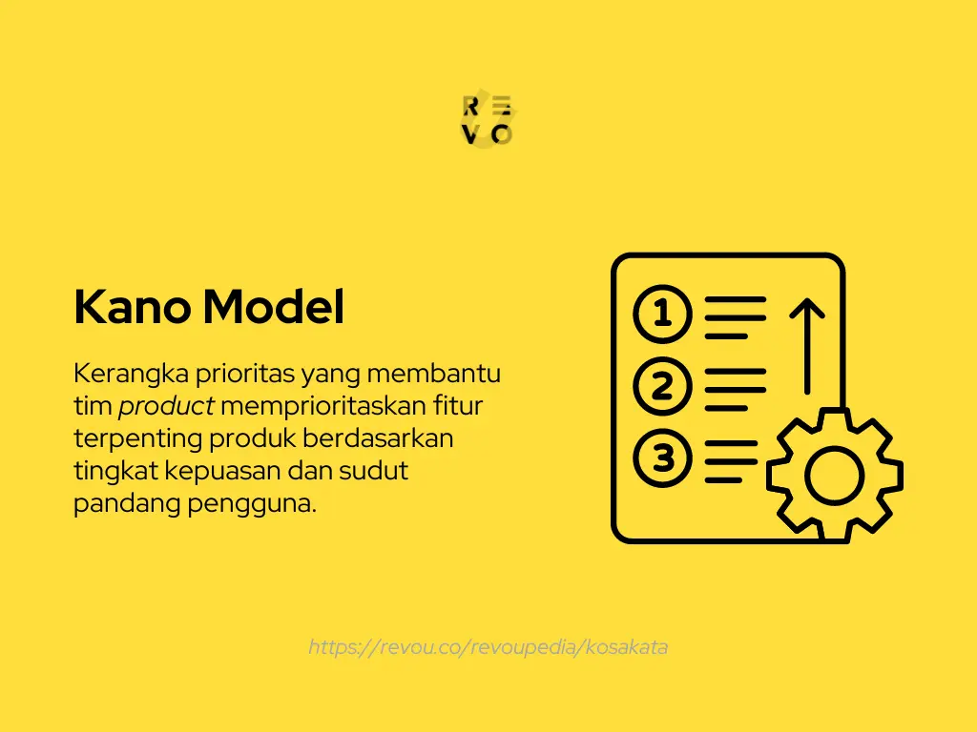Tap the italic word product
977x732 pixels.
pyautogui.click(x=166, y=407)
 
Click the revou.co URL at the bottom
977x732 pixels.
pyautogui.click(x=488, y=647)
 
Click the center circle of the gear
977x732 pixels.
pyautogui.click(x=834, y=475)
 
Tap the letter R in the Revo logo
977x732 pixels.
pyautogui.click(x=470, y=106)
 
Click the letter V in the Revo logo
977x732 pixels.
pyautogui.click(x=470, y=134)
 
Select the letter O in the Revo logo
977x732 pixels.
pyautogui.click(x=502, y=134)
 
